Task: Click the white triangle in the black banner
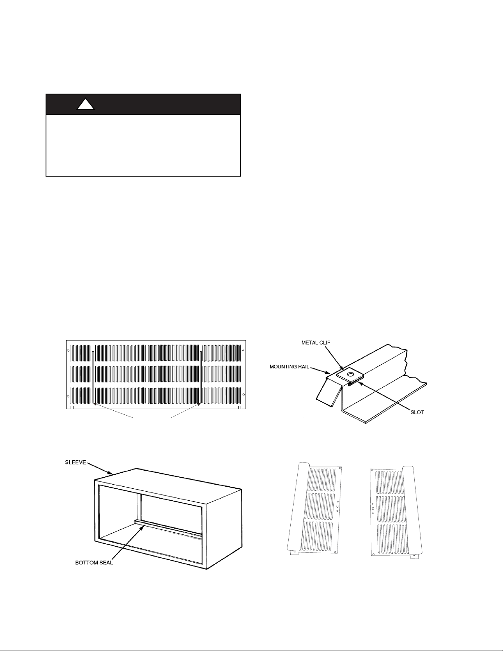(86, 105)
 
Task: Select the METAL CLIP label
(316, 343)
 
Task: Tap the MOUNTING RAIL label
(289, 367)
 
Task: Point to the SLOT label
(417, 412)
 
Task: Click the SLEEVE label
(76, 462)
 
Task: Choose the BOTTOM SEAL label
(94, 563)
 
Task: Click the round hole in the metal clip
(350, 374)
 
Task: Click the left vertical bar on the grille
(94, 377)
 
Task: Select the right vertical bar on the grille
(201, 377)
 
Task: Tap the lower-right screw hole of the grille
(243, 395)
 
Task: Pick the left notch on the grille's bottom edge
(72, 407)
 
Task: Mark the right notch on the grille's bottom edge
(239, 407)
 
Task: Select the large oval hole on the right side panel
(373, 508)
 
